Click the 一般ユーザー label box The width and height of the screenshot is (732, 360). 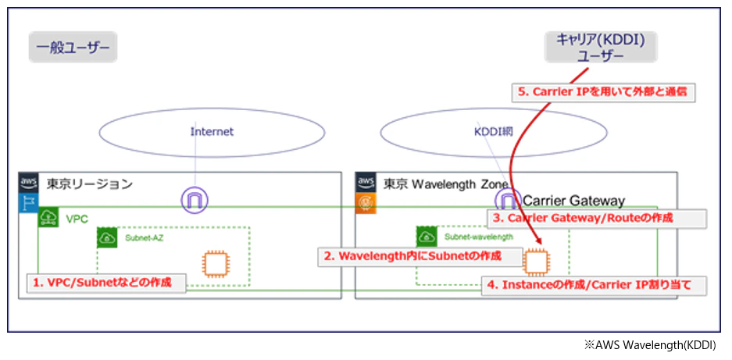tap(73, 47)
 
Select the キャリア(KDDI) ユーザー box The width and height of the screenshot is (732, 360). tap(600, 47)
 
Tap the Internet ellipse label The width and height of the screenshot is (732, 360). tap(212, 132)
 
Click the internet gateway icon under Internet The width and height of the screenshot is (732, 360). tap(195, 201)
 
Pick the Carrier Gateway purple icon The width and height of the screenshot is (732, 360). tap(508, 200)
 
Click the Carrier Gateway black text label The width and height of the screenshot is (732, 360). tap(573, 201)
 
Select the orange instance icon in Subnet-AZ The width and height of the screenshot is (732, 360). tap(215, 265)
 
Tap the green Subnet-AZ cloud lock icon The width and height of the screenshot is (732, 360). tap(107, 238)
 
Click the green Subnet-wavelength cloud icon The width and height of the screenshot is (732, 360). tap(427, 237)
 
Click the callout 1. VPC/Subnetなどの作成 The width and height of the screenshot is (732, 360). tap(106, 283)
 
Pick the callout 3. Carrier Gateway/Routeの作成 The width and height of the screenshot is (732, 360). tap(597, 219)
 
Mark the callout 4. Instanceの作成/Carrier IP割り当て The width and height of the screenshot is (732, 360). tap(595, 285)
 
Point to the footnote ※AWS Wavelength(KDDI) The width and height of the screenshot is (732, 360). tap(650, 345)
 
